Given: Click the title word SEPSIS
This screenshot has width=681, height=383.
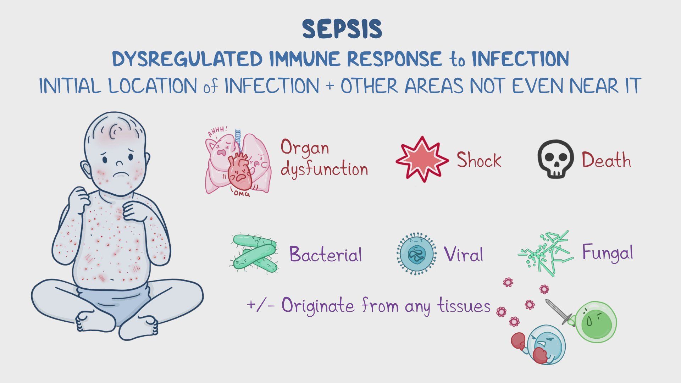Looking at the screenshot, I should tap(342, 29).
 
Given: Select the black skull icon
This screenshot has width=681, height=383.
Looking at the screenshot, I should tap(555, 159).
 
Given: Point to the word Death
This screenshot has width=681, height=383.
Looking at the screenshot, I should tap(606, 160).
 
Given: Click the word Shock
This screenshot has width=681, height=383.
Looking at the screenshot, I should tap(478, 160).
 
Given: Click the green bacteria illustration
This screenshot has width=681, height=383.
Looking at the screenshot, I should tap(255, 254).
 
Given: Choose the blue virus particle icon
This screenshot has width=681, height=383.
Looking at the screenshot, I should tap(416, 254).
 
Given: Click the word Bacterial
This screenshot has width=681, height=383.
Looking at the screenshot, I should tap(326, 254).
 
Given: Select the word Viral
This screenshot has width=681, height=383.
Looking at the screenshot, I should tap(463, 254).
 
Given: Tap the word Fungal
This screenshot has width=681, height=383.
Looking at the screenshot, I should tap(607, 253).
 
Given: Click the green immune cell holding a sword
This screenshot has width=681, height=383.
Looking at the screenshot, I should tap(596, 321).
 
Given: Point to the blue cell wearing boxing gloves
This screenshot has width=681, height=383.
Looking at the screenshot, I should tap(545, 344).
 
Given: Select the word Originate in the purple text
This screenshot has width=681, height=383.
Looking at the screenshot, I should tap(318, 306).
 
